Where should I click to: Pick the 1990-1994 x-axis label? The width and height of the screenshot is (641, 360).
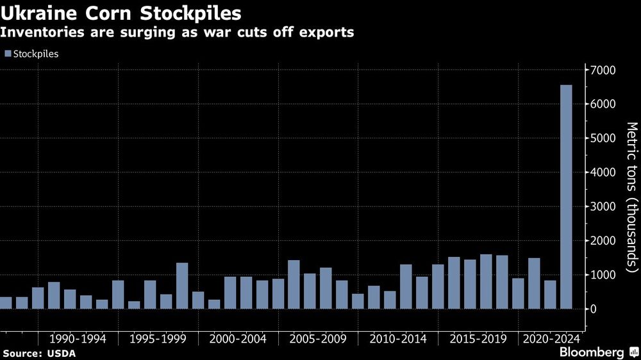coord(78,338)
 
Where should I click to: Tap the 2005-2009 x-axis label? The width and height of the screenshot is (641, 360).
coord(318,338)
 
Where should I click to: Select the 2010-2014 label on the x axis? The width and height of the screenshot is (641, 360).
coord(398,338)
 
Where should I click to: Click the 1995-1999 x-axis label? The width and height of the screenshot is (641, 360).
coord(158,338)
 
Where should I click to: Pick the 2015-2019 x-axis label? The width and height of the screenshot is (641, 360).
coord(478,338)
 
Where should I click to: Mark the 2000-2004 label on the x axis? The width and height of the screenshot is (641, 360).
coord(238,338)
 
